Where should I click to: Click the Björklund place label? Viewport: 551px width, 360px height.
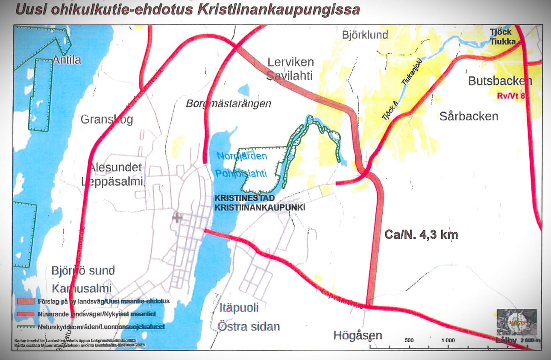pos(365,35)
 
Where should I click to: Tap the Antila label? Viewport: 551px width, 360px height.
pos(67,60)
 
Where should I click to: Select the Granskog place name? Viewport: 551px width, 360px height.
pos(107,119)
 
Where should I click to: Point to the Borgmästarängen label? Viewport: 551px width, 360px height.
pos(229,103)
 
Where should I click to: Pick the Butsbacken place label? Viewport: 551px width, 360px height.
pos(500,81)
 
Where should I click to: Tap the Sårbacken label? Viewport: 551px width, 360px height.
pos(469,116)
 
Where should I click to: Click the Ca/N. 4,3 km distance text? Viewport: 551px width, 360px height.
pos(421,234)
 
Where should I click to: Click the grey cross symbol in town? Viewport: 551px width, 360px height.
pos(177,217)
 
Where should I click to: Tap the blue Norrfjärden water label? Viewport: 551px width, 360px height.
pos(242,156)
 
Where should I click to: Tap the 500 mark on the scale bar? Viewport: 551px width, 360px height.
pos(409,340)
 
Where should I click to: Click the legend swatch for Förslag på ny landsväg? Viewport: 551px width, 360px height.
pos(25,301)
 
